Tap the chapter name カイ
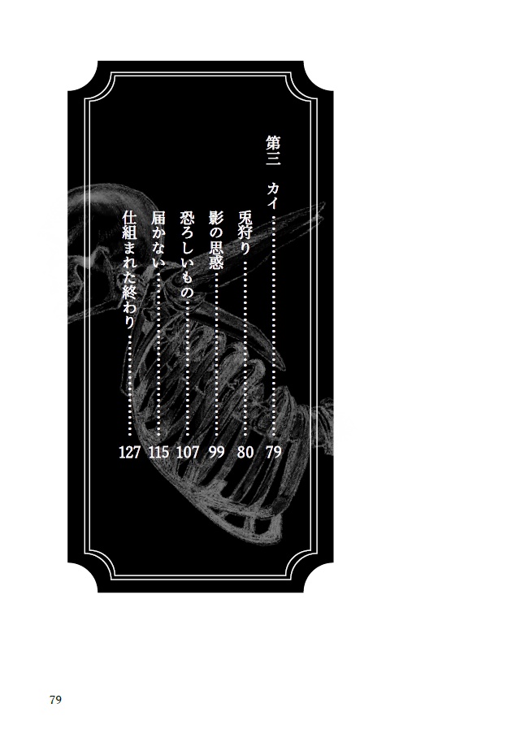pyautogui.click(x=274, y=194)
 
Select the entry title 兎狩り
pyautogui.click(x=245, y=230)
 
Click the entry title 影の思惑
pyautogui.click(x=216, y=239)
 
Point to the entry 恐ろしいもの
pyautogui.click(x=187, y=254)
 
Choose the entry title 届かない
pyautogui.click(x=158, y=239)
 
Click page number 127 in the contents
pyautogui.click(x=130, y=452)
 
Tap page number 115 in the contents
pyautogui.click(x=158, y=452)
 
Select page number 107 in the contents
pyautogui.click(x=188, y=452)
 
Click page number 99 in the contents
pyautogui.click(x=216, y=452)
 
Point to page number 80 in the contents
pyautogui.click(x=245, y=452)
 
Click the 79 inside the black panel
pyautogui.click(x=274, y=452)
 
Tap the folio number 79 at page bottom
pyautogui.click(x=55, y=700)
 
